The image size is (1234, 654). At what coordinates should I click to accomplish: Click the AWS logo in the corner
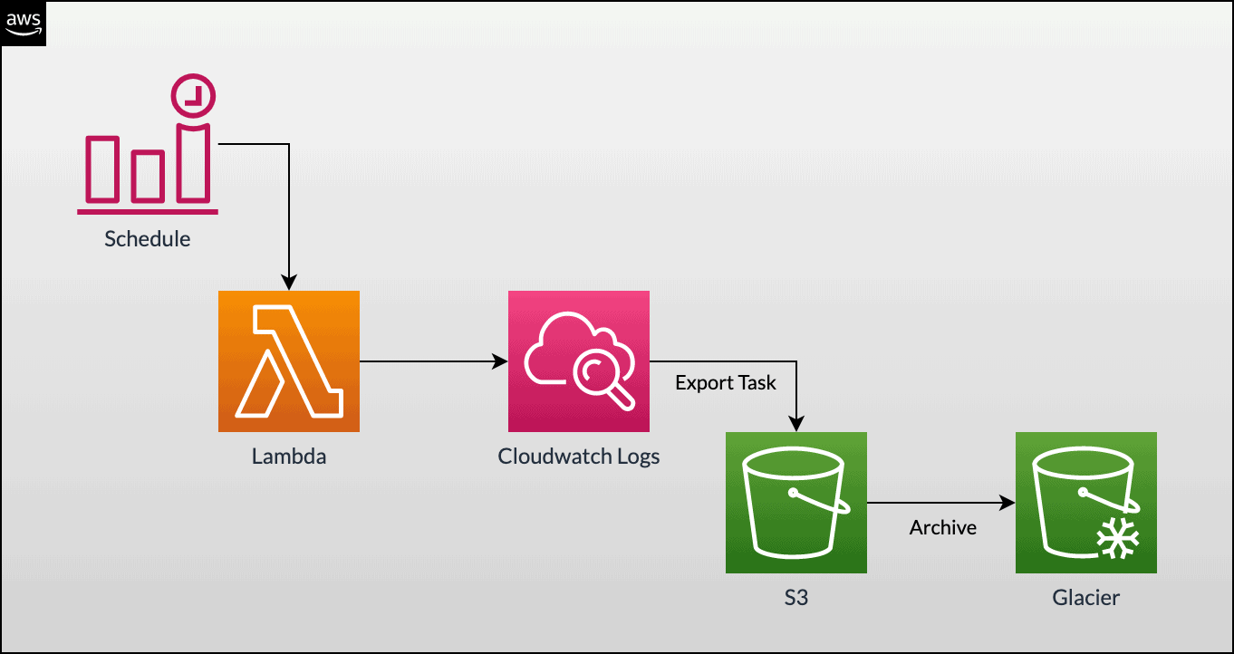23,24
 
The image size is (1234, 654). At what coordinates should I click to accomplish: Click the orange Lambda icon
289,361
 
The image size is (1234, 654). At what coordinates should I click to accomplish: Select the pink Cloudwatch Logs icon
579,361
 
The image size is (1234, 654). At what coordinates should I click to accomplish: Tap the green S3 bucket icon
796,503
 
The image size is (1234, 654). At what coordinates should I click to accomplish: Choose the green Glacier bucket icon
1086,503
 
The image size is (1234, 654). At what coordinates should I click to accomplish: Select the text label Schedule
148,239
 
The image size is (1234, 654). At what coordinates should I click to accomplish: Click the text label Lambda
289,457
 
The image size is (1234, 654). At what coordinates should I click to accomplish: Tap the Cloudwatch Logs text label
579,457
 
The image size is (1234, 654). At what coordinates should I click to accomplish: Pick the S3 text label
796,598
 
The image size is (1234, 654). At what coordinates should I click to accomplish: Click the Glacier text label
1086,598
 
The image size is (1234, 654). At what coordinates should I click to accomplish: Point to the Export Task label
726,383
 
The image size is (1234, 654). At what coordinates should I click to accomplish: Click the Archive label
943,527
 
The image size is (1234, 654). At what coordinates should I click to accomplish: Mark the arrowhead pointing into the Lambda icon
289,282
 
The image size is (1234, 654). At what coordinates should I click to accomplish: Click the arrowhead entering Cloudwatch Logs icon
500,361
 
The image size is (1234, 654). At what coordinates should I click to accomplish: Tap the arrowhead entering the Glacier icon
1007,503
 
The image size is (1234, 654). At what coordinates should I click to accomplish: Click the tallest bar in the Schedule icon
194,163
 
